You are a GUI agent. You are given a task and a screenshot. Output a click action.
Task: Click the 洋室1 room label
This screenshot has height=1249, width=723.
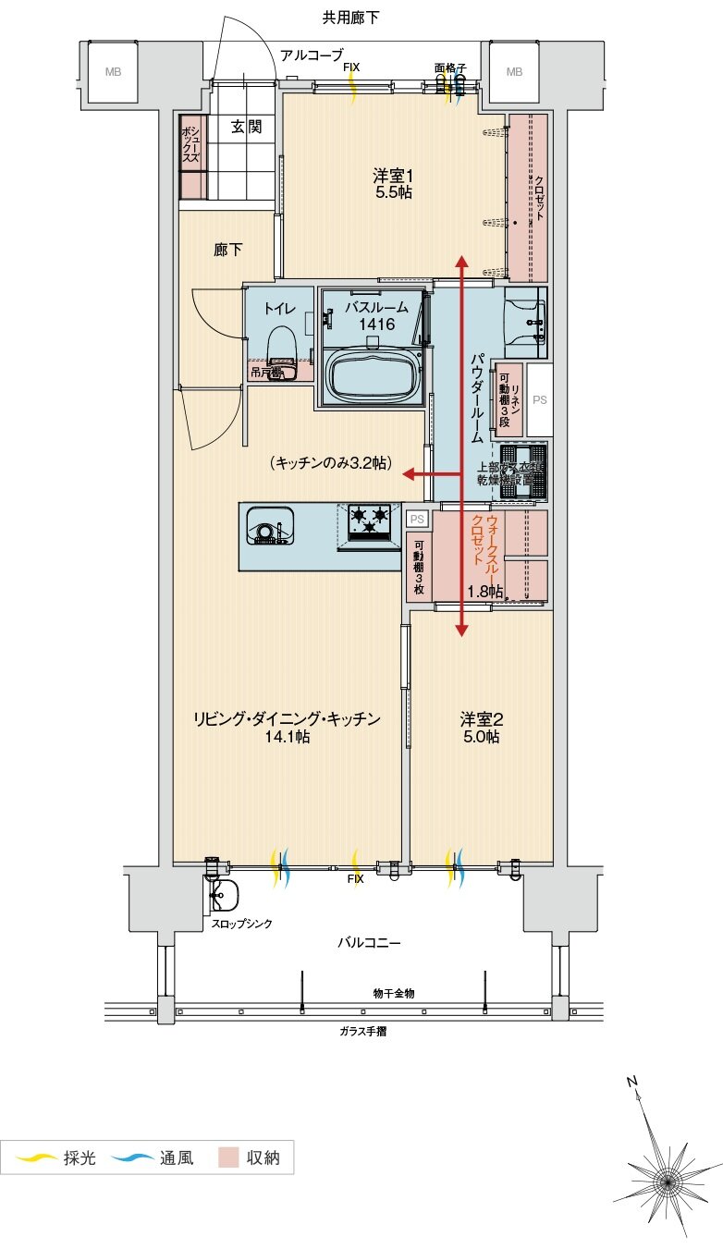point(392,183)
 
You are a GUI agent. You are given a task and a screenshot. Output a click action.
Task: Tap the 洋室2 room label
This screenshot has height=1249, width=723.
point(480,727)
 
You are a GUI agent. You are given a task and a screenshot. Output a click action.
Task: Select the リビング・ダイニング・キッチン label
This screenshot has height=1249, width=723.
point(287,727)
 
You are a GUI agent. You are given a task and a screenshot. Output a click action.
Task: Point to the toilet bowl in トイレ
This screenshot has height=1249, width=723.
point(280,347)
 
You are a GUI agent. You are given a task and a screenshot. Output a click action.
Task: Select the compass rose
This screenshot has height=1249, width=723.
point(665,1180)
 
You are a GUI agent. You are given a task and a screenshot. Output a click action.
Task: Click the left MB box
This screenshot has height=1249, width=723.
point(112,72)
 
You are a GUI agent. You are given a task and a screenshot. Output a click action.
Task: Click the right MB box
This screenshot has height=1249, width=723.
point(513,72)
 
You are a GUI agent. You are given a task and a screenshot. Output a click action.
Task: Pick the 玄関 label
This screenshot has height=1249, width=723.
point(246,127)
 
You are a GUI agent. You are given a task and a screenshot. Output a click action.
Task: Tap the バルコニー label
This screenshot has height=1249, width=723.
point(368,943)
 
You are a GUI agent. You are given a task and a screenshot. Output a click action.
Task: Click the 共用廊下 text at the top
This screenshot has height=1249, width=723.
point(350,17)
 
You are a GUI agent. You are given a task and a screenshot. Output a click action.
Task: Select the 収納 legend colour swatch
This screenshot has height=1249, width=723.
point(229,1157)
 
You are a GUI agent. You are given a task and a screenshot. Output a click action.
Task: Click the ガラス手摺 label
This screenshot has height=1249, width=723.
point(362,1031)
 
